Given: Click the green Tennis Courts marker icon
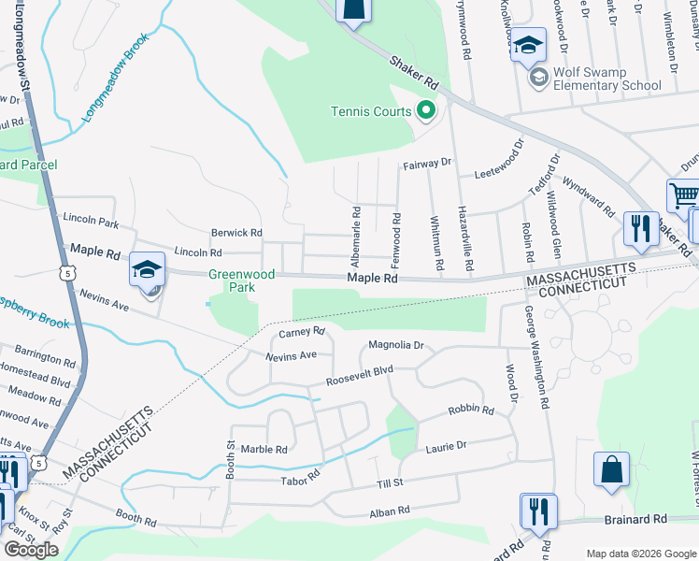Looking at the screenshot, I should pos(426,111).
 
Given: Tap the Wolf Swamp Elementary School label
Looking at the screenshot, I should pos(607,78).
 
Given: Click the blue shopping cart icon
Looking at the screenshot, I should pos(684,197).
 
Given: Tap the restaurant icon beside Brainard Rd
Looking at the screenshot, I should pos(538,511).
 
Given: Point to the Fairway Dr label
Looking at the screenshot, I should pos(426,164).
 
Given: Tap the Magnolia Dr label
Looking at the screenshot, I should pos(396,345).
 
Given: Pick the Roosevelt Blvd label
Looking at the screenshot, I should pos(359,376).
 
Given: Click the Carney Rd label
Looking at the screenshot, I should pos(301,331).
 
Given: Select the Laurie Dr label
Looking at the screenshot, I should pos(446,446).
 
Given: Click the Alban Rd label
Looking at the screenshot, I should pos(390,511).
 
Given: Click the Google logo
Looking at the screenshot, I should pos(31,550).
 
